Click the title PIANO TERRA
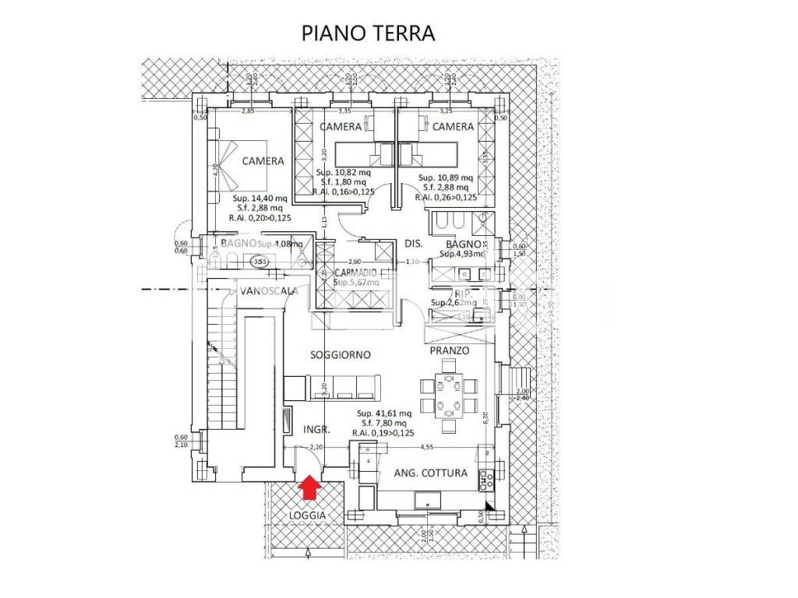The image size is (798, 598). pos(368,34)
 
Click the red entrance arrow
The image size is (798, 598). pos(310,487)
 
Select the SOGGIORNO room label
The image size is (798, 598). pos(340,354)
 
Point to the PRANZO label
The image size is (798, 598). pos(450,351)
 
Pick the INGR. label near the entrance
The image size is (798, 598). pos(316,429)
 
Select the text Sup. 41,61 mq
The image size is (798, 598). pos(381,413)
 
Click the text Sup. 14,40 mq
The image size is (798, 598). pos(258,199)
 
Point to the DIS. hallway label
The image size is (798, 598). pos(413,244)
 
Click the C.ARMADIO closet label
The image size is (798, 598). pos(355,273)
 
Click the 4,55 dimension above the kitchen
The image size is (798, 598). pos(427,448)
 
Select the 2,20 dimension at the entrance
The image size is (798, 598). pos(316,448)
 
